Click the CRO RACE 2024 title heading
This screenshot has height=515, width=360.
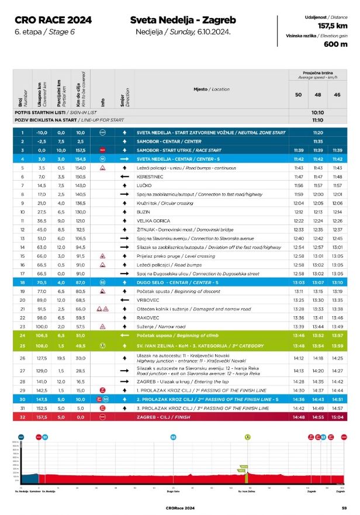53,20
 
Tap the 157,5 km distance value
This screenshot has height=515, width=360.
333,26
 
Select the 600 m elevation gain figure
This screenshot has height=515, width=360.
336,44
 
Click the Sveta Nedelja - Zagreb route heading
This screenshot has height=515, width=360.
183,20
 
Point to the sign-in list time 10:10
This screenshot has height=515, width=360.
318,112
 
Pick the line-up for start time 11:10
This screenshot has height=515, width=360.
318,120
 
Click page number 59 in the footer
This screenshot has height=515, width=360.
345,508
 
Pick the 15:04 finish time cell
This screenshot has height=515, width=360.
337,418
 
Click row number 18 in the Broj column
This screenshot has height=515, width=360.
22,282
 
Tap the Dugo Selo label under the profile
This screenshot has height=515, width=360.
173,492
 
